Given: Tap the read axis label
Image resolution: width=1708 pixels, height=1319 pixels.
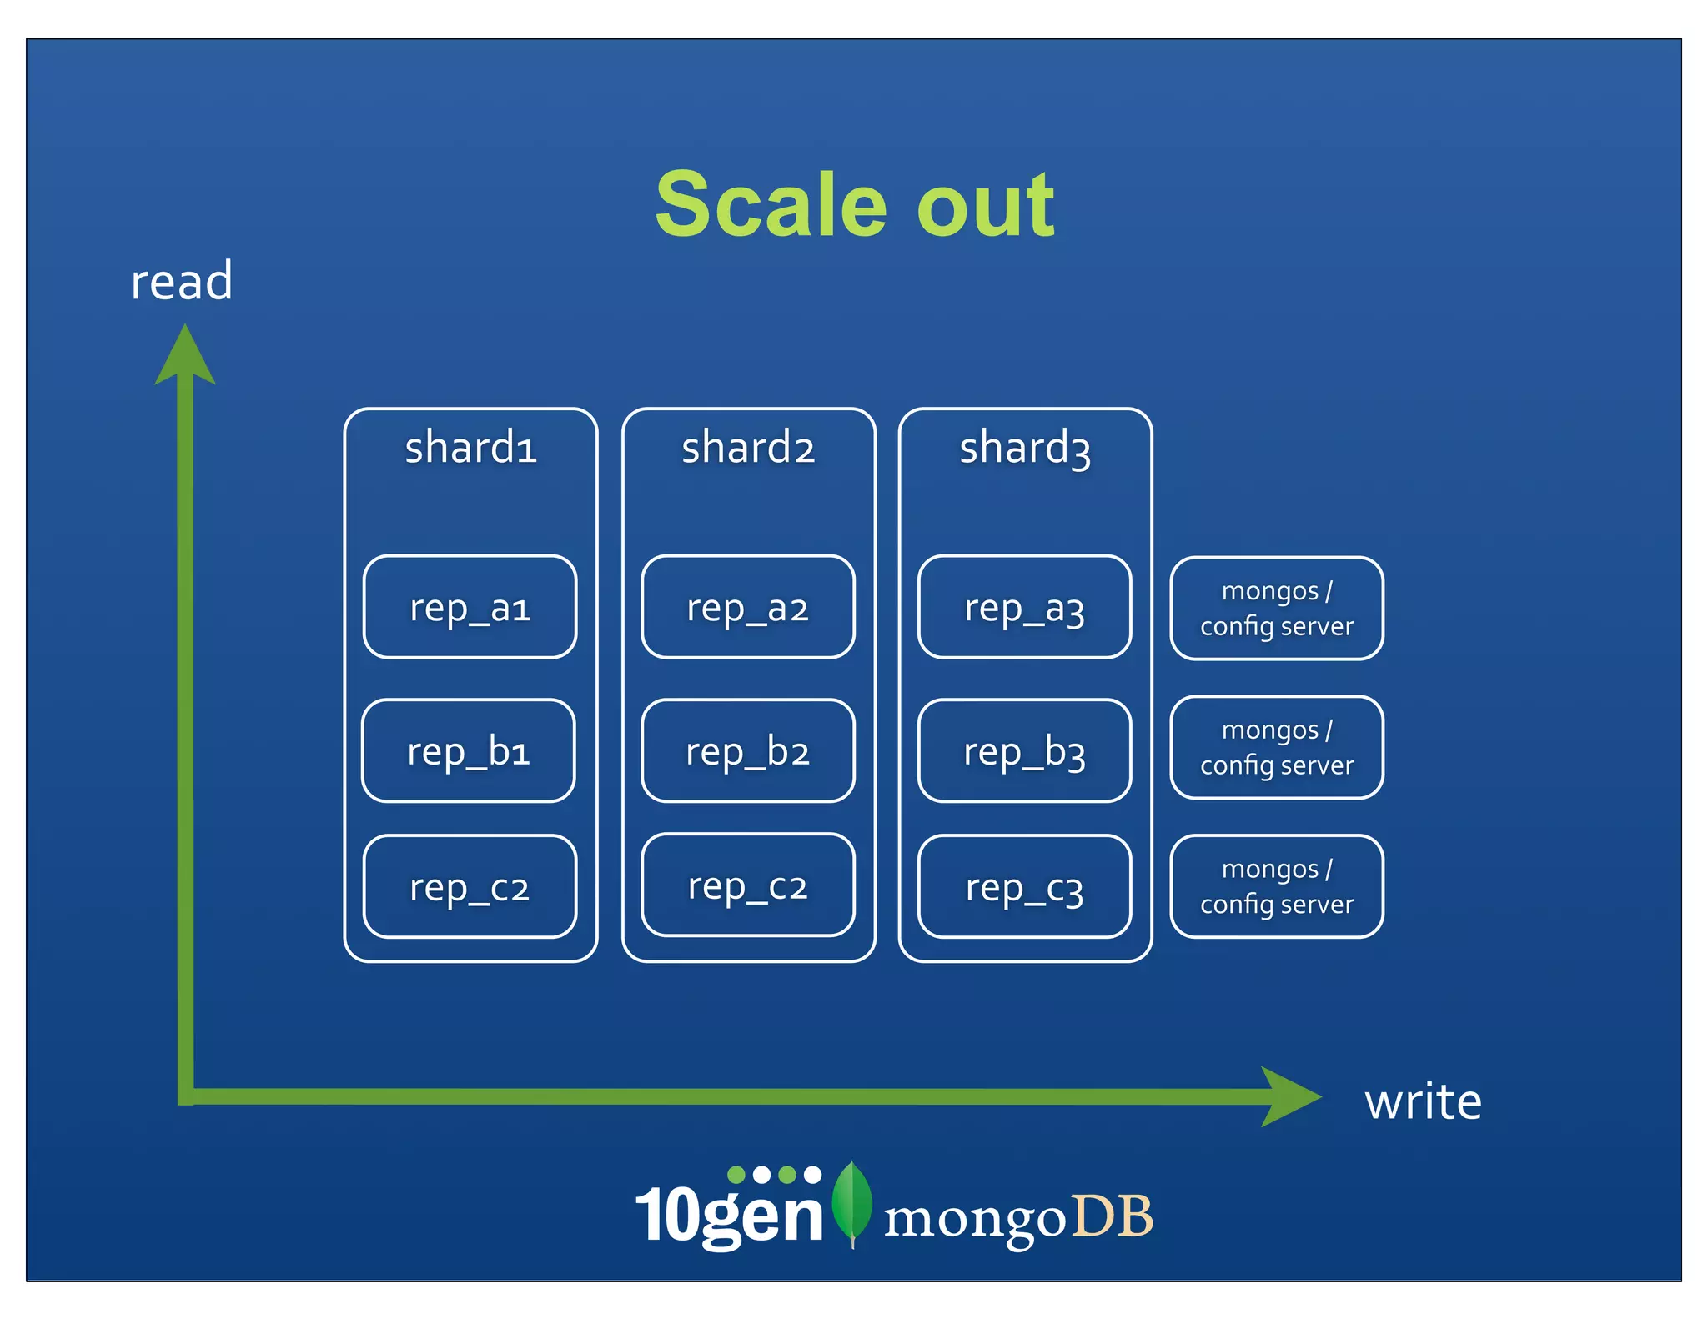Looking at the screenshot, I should pos(182,282).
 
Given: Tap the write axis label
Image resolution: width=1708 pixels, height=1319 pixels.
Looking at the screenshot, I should pos(1423,1102).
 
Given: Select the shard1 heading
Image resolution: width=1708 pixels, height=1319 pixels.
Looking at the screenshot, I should pos(470,448).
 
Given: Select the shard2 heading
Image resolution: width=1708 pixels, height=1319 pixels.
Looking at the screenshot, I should pos(748,448).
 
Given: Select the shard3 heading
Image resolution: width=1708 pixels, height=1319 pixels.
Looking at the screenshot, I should pos(1025,448).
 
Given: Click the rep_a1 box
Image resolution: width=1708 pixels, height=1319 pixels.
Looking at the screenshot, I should pos(470,607).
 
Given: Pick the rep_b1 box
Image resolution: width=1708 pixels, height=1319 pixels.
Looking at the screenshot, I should pos(469,751).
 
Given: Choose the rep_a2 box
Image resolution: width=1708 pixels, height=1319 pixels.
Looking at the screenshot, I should pos(748,607).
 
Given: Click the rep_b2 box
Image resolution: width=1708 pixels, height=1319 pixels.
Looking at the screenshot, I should pos(748,751).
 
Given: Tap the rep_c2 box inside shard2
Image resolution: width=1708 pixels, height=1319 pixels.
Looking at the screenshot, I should pos(748,885).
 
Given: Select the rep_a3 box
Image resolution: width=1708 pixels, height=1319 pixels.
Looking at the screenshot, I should pos(1025,607).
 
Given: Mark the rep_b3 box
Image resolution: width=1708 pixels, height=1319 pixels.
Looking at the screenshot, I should pos(1025,751).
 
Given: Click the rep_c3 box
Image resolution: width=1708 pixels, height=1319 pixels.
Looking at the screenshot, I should pos(1025,887).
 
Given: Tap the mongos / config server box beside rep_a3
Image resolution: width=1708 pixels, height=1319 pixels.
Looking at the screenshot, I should pos(1277,609).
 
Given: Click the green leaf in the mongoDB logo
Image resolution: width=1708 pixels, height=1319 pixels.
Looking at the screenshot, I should pos(852,1201).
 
